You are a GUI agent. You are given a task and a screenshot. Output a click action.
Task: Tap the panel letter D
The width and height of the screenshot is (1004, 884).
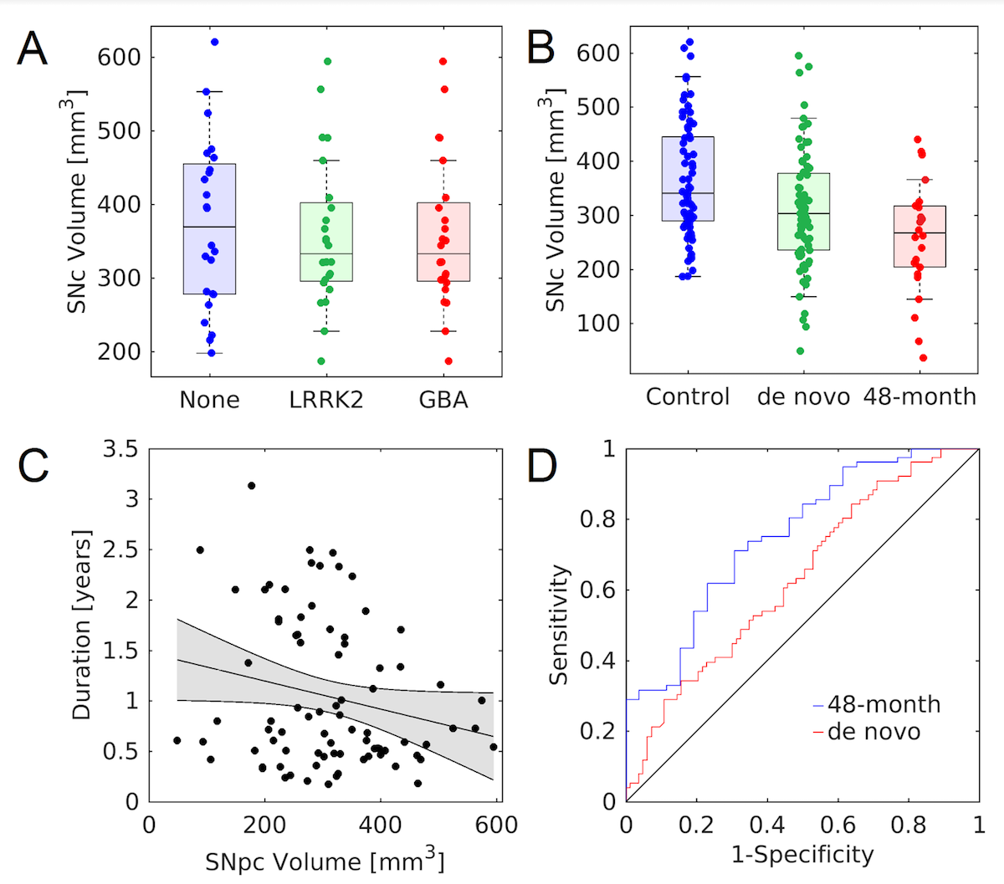tap(542, 466)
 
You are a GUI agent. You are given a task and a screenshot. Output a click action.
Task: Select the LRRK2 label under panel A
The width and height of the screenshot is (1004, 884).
tap(326, 400)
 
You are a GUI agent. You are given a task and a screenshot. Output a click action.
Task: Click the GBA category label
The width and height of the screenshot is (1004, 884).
tap(443, 400)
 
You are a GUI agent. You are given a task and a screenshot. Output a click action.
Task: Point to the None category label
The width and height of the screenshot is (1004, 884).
tap(209, 400)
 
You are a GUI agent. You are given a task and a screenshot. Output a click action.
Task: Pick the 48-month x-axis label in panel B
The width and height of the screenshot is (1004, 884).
tap(919, 396)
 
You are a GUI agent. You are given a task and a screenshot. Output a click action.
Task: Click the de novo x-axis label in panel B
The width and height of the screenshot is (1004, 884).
tap(803, 396)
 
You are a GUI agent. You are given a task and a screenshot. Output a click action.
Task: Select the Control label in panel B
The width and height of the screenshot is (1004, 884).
tap(688, 396)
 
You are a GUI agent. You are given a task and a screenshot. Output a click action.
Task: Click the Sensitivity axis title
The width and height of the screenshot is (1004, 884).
tap(560, 625)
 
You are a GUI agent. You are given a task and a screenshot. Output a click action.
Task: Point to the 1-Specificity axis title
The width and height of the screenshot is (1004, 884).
tap(802, 854)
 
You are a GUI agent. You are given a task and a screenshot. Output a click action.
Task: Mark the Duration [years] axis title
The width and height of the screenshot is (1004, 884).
tap(81, 624)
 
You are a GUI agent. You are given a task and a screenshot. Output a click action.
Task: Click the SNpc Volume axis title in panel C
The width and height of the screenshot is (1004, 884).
tap(325, 860)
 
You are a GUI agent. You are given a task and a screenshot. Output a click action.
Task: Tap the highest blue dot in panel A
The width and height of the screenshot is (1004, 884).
tap(214, 41)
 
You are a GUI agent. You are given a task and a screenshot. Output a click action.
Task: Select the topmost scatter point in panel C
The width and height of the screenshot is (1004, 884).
tap(251, 485)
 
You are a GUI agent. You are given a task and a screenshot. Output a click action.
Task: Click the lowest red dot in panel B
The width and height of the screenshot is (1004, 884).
tap(923, 358)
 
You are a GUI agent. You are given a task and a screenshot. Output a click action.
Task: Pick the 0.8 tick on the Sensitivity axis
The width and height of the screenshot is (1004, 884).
tap(596, 519)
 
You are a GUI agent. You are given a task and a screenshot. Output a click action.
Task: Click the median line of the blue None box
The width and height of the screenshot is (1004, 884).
tap(209, 227)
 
